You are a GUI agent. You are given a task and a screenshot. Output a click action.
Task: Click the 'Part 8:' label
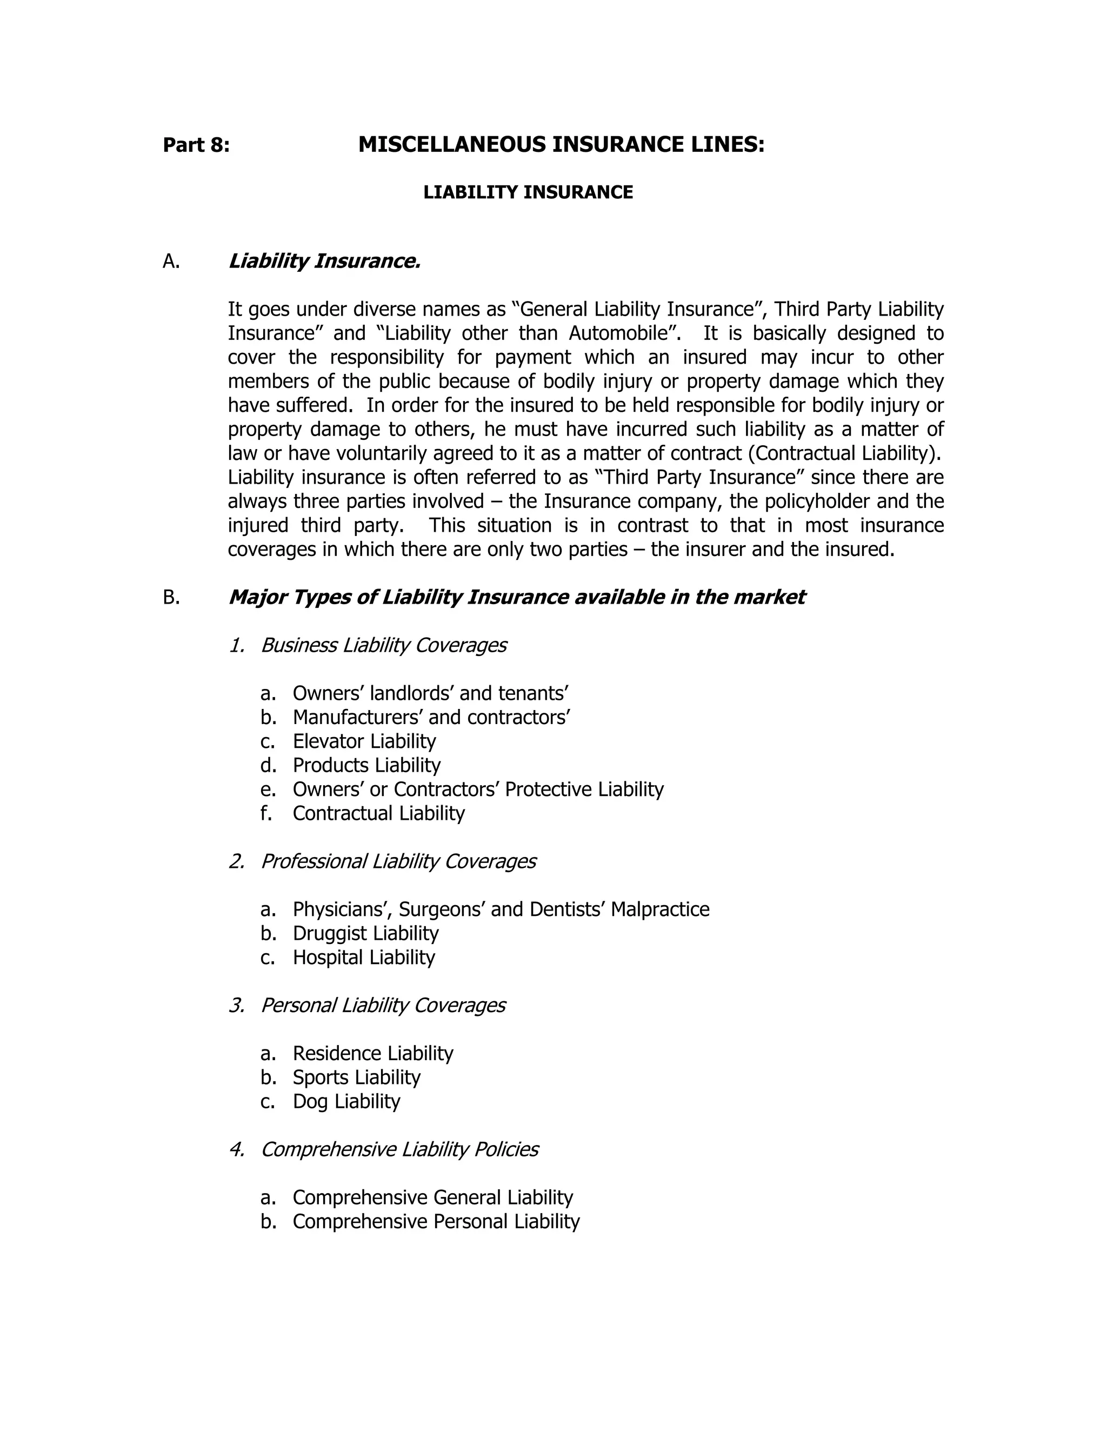pos(196,145)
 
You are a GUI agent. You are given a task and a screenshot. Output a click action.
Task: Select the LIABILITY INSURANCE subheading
pos(528,192)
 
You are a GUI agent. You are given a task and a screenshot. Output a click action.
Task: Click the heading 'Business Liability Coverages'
pos(384,645)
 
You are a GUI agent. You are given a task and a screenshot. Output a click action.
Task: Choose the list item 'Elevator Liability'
pos(364,741)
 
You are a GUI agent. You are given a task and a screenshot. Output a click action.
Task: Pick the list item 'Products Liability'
pos(366,765)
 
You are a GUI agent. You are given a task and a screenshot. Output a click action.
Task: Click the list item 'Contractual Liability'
pos(378,813)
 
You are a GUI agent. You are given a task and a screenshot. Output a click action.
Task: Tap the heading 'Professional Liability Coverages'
pos(398,861)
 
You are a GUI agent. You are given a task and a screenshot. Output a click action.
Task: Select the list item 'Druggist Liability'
pos(365,933)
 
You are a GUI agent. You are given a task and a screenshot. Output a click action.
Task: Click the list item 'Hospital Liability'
pos(363,958)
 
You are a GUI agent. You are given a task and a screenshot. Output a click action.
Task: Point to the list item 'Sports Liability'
pos(356,1078)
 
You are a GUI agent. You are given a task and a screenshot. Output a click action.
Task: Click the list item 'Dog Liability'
pos(346,1101)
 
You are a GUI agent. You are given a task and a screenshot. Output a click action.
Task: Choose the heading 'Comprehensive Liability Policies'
pos(399,1149)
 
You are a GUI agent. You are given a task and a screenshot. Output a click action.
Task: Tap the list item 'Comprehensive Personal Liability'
pos(436,1222)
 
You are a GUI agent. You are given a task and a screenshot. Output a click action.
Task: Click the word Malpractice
pos(660,909)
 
